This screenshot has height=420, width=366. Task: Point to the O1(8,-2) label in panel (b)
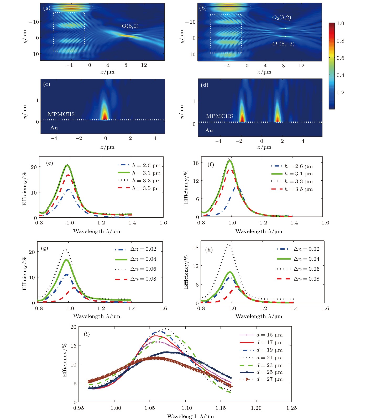[283, 44]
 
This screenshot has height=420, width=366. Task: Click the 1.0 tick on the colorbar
[340, 23]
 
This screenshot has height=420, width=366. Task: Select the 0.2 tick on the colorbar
[340, 92]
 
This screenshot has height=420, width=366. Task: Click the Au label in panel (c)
[54, 128]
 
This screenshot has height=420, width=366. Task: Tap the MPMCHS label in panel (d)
[219, 116]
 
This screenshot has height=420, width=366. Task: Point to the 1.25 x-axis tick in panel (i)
[291, 408]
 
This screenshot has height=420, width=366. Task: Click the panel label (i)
[87, 334]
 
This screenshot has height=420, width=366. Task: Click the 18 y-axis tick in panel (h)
[196, 247]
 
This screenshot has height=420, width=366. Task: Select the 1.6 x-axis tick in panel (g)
[163, 308]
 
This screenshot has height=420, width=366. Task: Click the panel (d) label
[204, 85]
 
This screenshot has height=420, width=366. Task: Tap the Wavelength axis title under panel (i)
[190, 416]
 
